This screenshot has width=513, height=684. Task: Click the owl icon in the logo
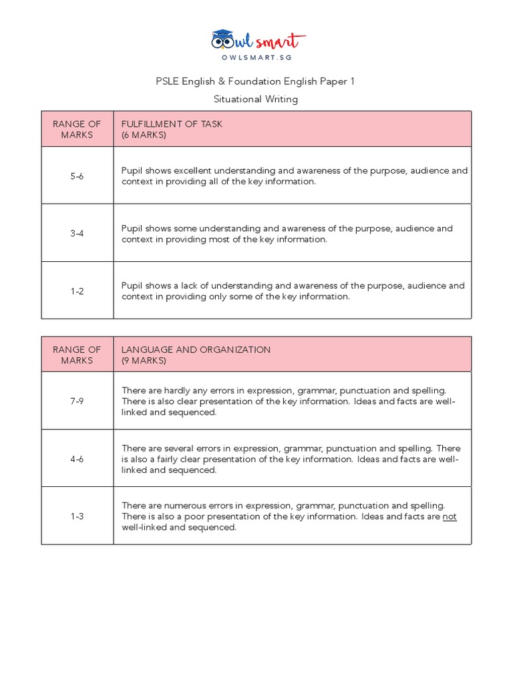(x=223, y=39)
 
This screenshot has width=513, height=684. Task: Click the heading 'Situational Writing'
(x=256, y=99)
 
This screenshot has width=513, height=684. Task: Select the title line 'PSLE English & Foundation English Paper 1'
(x=256, y=81)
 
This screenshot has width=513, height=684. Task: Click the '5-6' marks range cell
(x=77, y=176)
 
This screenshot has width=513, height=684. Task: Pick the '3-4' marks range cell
(x=77, y=233)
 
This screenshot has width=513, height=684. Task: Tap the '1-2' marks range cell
(x=77, y=291)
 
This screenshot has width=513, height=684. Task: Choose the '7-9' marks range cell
(x=77, y=401)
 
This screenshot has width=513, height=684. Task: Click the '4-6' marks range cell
(x=77, y=459)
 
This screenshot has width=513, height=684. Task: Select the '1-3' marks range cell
(x=77, y=516)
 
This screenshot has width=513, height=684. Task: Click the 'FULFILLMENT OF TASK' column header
(x=172, y=124)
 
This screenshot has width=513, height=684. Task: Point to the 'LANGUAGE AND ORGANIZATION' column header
(x=196, y=349)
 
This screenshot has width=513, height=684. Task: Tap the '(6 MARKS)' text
(x=144, y=135)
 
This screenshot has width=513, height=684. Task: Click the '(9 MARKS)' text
(x=144, y=361)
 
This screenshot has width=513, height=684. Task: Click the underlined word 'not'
(x=450, y=516)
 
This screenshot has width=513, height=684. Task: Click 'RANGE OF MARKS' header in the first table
(x=77, y=129)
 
